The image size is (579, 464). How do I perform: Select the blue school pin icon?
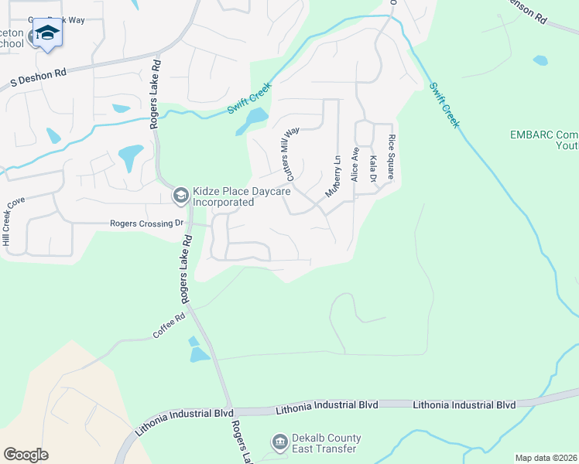(x=47, y=35)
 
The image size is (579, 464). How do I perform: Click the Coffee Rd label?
(x=169, y=326)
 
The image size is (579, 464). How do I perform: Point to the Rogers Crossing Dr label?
(x=146, y=223)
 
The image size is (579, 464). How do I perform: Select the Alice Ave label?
(x=355, y=164)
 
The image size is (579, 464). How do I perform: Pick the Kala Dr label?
(x=373, y=169)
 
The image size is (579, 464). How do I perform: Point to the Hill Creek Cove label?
(x=13, y=223)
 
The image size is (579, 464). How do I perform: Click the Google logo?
(x=26, y=454)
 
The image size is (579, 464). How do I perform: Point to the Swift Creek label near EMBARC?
(x=446, y=106)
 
